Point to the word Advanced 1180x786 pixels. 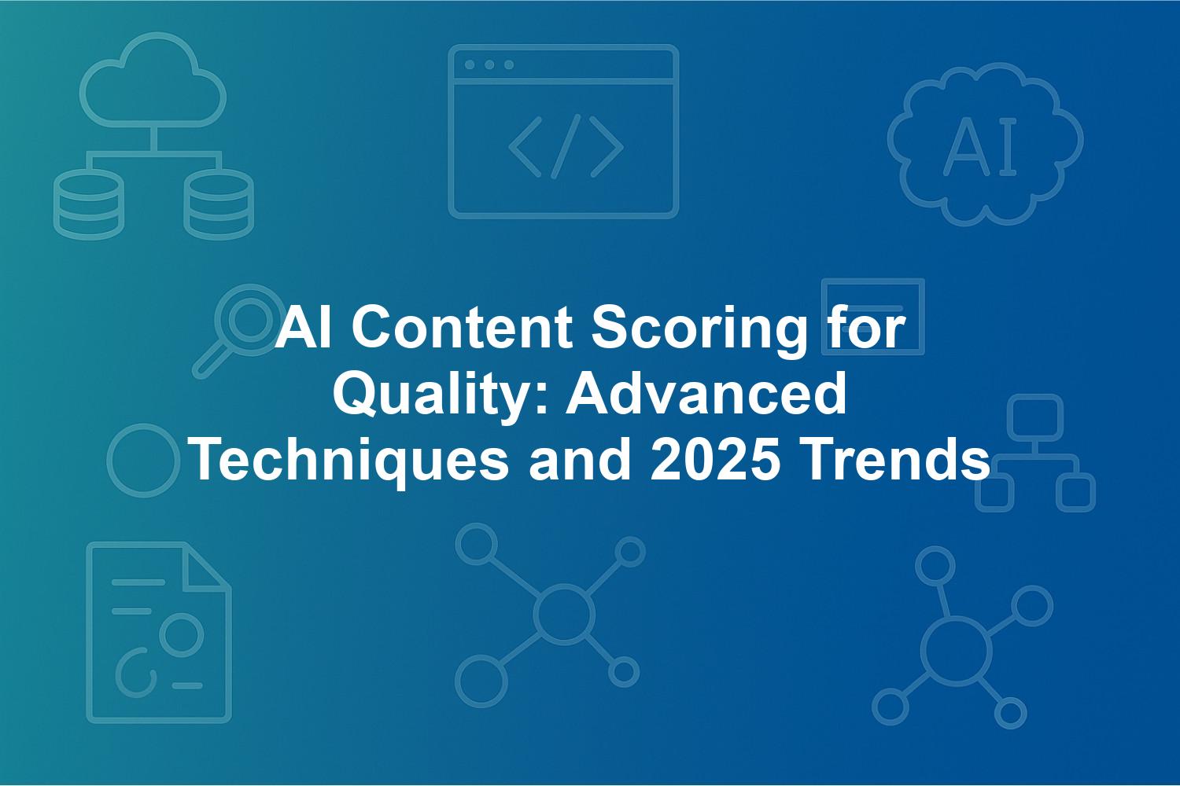[706, 393]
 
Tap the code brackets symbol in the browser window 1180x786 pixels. [566, 146]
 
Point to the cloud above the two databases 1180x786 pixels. [153, 79]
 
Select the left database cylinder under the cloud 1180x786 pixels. [88, 204]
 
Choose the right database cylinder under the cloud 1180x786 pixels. [219, 204]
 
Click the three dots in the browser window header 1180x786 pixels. [489, 64]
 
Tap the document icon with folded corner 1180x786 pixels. [159, 632]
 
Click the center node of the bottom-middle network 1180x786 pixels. [564, 613]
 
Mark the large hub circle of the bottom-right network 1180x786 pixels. [956, 651]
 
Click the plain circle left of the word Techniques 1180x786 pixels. [143, 460]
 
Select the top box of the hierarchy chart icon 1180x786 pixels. [1035, 417]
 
